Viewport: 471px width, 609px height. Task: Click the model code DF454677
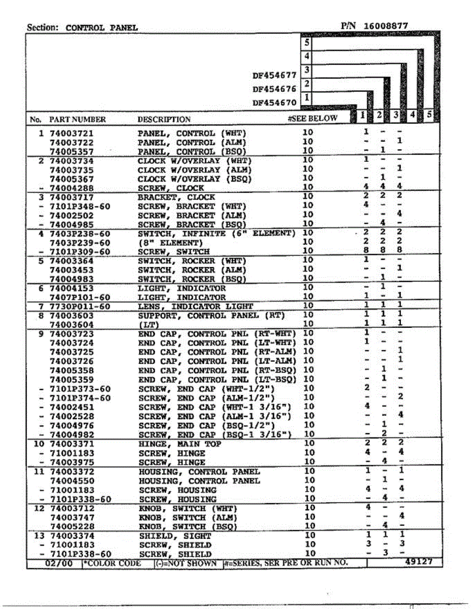[274, 75]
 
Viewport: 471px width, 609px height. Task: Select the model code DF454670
[274, 102]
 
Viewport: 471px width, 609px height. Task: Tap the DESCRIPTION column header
[164, 120]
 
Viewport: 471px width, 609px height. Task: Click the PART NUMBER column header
[77, 120]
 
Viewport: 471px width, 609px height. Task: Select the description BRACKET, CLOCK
[176, 197]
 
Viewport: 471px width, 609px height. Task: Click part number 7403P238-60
[80, 233]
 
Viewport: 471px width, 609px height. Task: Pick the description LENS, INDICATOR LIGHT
[195, 307]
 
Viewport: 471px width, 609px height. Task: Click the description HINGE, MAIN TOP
[179, 444]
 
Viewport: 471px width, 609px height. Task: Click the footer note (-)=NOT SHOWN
[187, 563]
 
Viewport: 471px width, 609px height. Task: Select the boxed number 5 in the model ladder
[306, 43]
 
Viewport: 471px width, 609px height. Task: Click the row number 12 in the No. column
[39, 509]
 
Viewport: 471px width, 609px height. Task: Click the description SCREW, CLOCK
[171, 188]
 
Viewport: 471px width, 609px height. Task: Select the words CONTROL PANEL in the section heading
[102, 28]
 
